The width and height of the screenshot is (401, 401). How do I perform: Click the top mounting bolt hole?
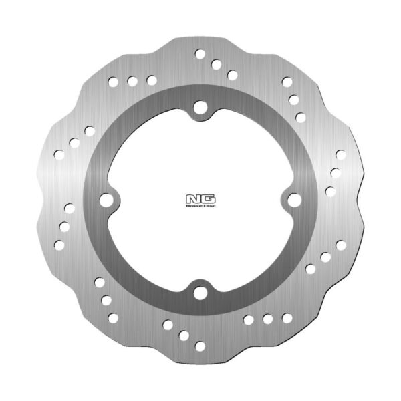pyautogui.click(x=200, y=106)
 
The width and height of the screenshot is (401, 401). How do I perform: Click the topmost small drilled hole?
pyautogui.click(x=200, y=53)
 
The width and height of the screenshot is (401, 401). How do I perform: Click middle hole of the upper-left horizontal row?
pyautogui.click(x=132, y=82)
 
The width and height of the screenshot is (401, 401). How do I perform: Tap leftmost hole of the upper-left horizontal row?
pyautogui.click(x=113, y=83)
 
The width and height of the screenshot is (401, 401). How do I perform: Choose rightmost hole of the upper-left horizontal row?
pyautogui.click(x=152, y=80)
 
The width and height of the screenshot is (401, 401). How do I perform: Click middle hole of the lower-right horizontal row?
pyautogui.click(x=267, y=319)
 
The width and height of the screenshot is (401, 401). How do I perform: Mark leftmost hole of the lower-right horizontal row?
pyautogui.click(x=248, y=320)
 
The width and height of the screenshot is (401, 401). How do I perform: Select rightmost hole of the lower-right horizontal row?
pyautogui.click(x=287, y=317)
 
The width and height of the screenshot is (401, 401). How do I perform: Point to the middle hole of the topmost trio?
pyautogui.click(x=216, y=64)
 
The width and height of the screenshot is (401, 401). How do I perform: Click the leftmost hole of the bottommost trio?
pyautogui.click(x=167, y=324)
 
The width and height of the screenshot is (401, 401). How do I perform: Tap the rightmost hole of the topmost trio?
pyautogui.click(x=232, y=75)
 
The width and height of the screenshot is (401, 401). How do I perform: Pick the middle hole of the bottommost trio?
pyautogui.click(x=183, y=335)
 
